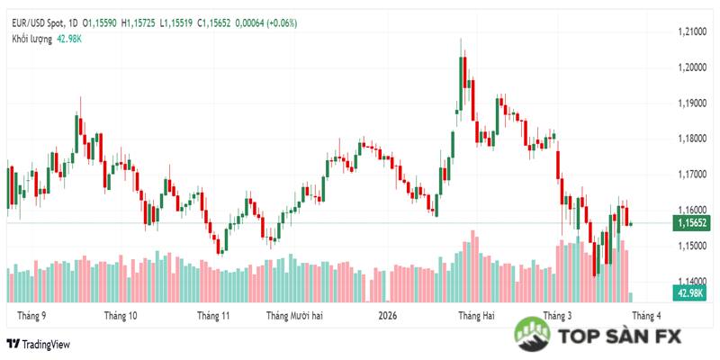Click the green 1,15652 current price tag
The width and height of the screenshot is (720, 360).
tap(690, 223)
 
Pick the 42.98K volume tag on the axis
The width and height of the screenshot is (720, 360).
tap(690, 293)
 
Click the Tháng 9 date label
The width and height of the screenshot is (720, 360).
tap(31, 316)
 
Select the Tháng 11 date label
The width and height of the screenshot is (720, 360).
tap(214, 316)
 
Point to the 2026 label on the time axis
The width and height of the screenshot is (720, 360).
tap(388, 316)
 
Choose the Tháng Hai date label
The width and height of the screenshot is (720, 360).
tap(476, 316)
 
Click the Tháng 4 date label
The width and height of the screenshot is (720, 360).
tap(646, 316)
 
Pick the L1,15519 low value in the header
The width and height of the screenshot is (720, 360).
tap(181, 22)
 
